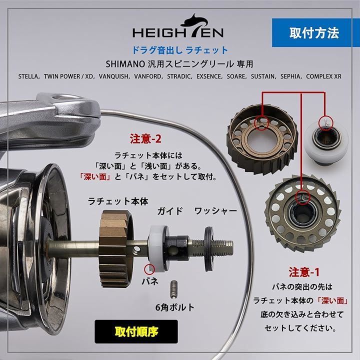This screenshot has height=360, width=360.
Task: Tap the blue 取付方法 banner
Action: [313, 33]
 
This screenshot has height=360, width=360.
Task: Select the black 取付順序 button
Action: [132, 330]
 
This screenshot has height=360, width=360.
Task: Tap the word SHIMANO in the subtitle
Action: [124, 64]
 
